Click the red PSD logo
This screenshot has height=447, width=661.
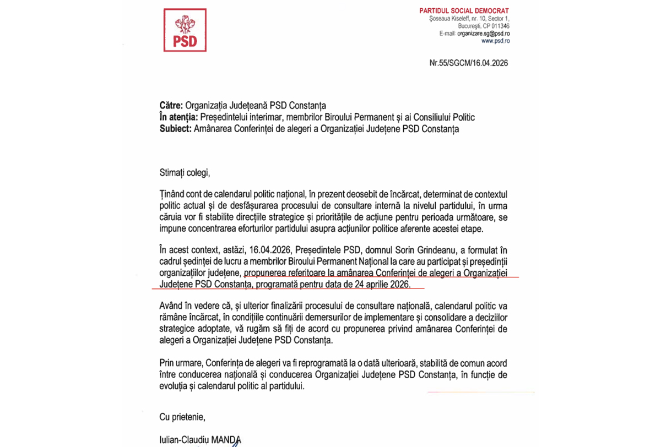185,30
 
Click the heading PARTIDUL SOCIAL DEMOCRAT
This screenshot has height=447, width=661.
464,11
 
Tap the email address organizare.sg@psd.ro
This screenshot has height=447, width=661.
483,34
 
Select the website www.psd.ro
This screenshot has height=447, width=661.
495,41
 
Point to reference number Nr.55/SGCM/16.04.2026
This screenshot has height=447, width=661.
468,63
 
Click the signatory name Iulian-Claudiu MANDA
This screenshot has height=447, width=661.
200,439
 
